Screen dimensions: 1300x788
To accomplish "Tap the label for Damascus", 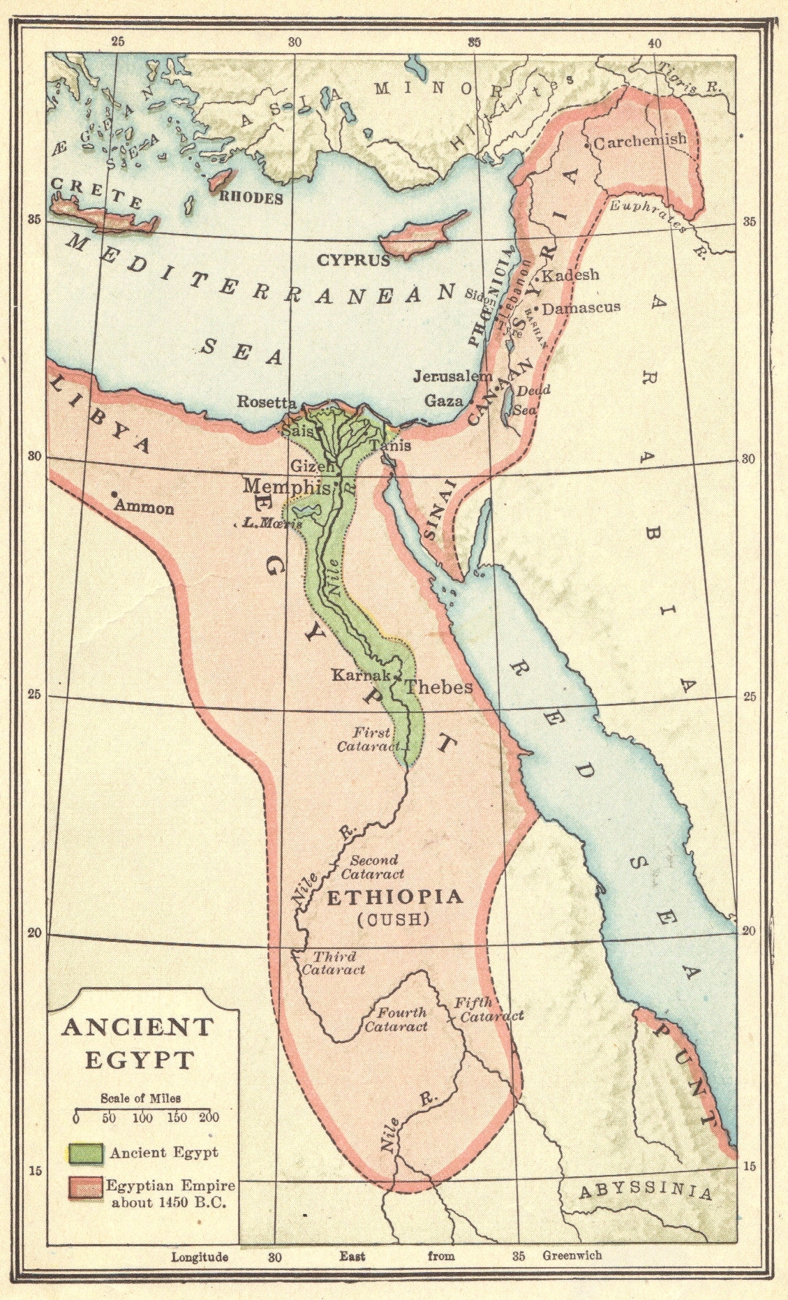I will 581,307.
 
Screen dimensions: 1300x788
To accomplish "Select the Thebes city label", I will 438,687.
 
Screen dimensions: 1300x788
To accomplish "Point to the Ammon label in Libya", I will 144,508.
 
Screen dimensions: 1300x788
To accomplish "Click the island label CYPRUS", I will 354,260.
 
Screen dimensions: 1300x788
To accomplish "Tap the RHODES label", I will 251,198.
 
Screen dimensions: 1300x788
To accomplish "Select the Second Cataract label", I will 373,867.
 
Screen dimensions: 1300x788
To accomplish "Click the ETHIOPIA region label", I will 394,896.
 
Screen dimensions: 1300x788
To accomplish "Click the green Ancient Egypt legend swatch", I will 85,1153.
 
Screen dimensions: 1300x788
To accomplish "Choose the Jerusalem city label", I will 452,376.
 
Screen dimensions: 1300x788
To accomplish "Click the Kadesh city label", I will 570,275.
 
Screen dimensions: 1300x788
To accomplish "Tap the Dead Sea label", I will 533,399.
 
